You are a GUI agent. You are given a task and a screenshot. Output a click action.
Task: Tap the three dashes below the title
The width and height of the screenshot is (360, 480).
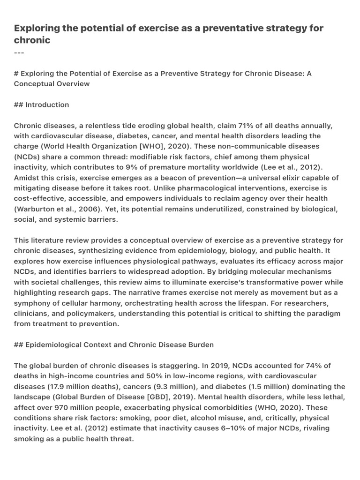[x=19, y=52]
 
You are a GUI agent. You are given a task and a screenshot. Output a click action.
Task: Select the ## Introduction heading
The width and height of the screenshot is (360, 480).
[x=42, y=105]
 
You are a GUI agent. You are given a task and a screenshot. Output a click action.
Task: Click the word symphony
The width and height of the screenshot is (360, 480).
[x=33, y=303]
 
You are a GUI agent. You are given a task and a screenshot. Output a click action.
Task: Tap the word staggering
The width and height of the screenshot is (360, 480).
[x=152, y=365]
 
